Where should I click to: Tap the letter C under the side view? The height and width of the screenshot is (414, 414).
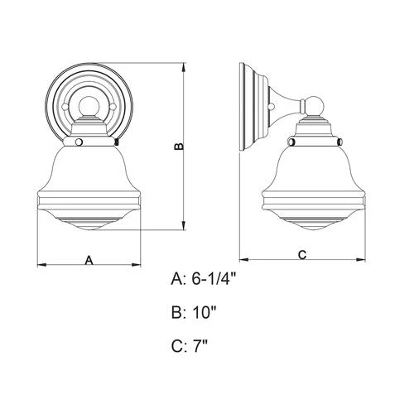302,254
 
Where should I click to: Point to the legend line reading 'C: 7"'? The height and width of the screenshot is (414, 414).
189,347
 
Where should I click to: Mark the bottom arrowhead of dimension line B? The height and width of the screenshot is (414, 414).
184,227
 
